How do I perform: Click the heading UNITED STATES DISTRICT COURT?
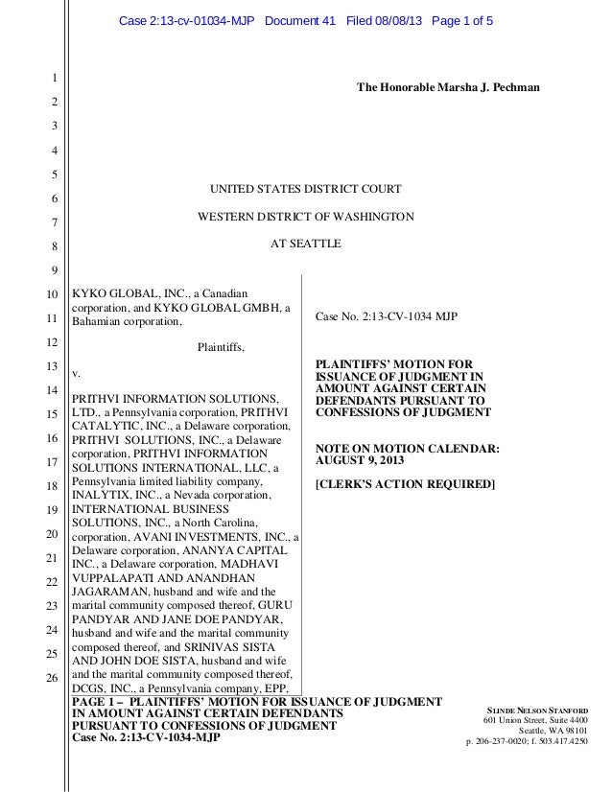click(305, 188)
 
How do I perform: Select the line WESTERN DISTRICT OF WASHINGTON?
click(305, 217)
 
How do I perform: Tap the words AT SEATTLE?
click(305, 245)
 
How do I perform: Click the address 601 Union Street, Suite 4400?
click(534, 721)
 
